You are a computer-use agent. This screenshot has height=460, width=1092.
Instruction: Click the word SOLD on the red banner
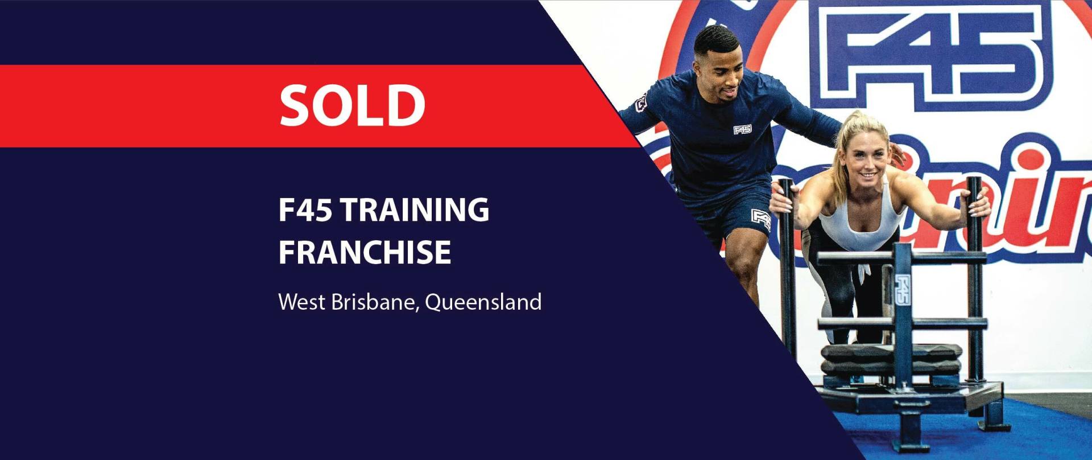coord(352,105)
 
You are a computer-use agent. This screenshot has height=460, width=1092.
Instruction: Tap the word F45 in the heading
coord(305,210)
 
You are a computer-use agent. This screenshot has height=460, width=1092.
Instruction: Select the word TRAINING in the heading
coord(415,210)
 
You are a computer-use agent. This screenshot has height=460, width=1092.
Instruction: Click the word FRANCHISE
coord(365,252)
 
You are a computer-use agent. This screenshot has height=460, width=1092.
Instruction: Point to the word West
coord(302,302)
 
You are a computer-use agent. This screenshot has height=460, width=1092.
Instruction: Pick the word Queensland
coord(483,302)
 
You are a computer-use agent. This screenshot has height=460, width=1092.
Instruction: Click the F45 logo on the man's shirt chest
coord(742,130)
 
